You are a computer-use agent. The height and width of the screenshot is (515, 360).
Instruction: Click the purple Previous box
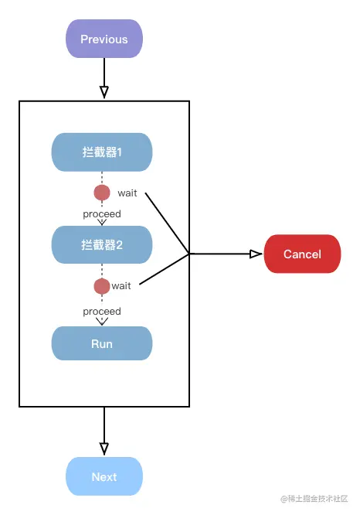coord(104,39)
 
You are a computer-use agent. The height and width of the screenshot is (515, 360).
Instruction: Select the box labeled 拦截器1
coord(102,152)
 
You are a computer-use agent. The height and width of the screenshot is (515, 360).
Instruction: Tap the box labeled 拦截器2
coord(102,245)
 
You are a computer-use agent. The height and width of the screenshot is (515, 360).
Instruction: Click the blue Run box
coord(102,344)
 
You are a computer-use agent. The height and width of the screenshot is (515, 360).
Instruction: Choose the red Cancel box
coord(302,254)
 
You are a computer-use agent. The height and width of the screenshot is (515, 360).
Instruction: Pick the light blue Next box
coord(104,476)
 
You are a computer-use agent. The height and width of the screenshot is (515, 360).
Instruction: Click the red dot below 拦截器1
coord(102,193)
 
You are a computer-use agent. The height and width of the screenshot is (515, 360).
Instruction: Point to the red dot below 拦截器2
coord(102,286)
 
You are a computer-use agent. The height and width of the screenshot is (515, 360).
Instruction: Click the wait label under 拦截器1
coord(127,193)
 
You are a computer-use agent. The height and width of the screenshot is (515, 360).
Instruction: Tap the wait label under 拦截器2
coord(121,286)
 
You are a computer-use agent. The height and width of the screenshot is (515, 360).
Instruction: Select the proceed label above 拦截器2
coord(102,213)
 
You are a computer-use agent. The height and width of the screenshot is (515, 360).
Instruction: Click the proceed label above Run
coord(102,311)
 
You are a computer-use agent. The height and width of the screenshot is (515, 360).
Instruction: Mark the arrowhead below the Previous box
coord(104,92)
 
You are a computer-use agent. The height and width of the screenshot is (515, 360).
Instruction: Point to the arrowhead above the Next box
coord(104,448)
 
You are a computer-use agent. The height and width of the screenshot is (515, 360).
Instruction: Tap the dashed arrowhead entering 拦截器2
coord(102,222)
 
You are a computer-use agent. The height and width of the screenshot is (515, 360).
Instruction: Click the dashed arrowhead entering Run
coord(102,321)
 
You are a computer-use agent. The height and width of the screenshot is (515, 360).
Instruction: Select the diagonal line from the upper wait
coord(168,223)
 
